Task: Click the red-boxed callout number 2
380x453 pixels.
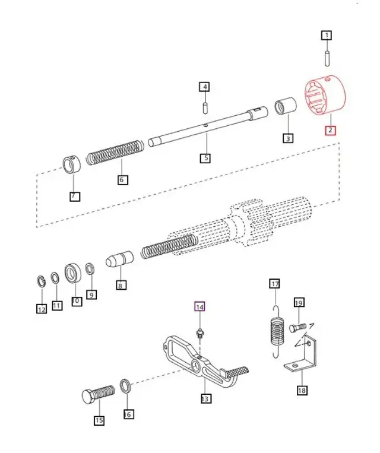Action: [330, 131]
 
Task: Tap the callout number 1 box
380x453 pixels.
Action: [326, 36]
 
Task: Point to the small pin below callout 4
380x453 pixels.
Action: [204, 108]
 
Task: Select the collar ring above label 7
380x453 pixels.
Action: [72, 165]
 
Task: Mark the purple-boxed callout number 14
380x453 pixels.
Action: [200, 307]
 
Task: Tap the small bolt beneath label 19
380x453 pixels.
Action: [297, 328]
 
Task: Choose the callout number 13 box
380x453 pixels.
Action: [204, 399]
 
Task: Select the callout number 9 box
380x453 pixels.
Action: [91, 293]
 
